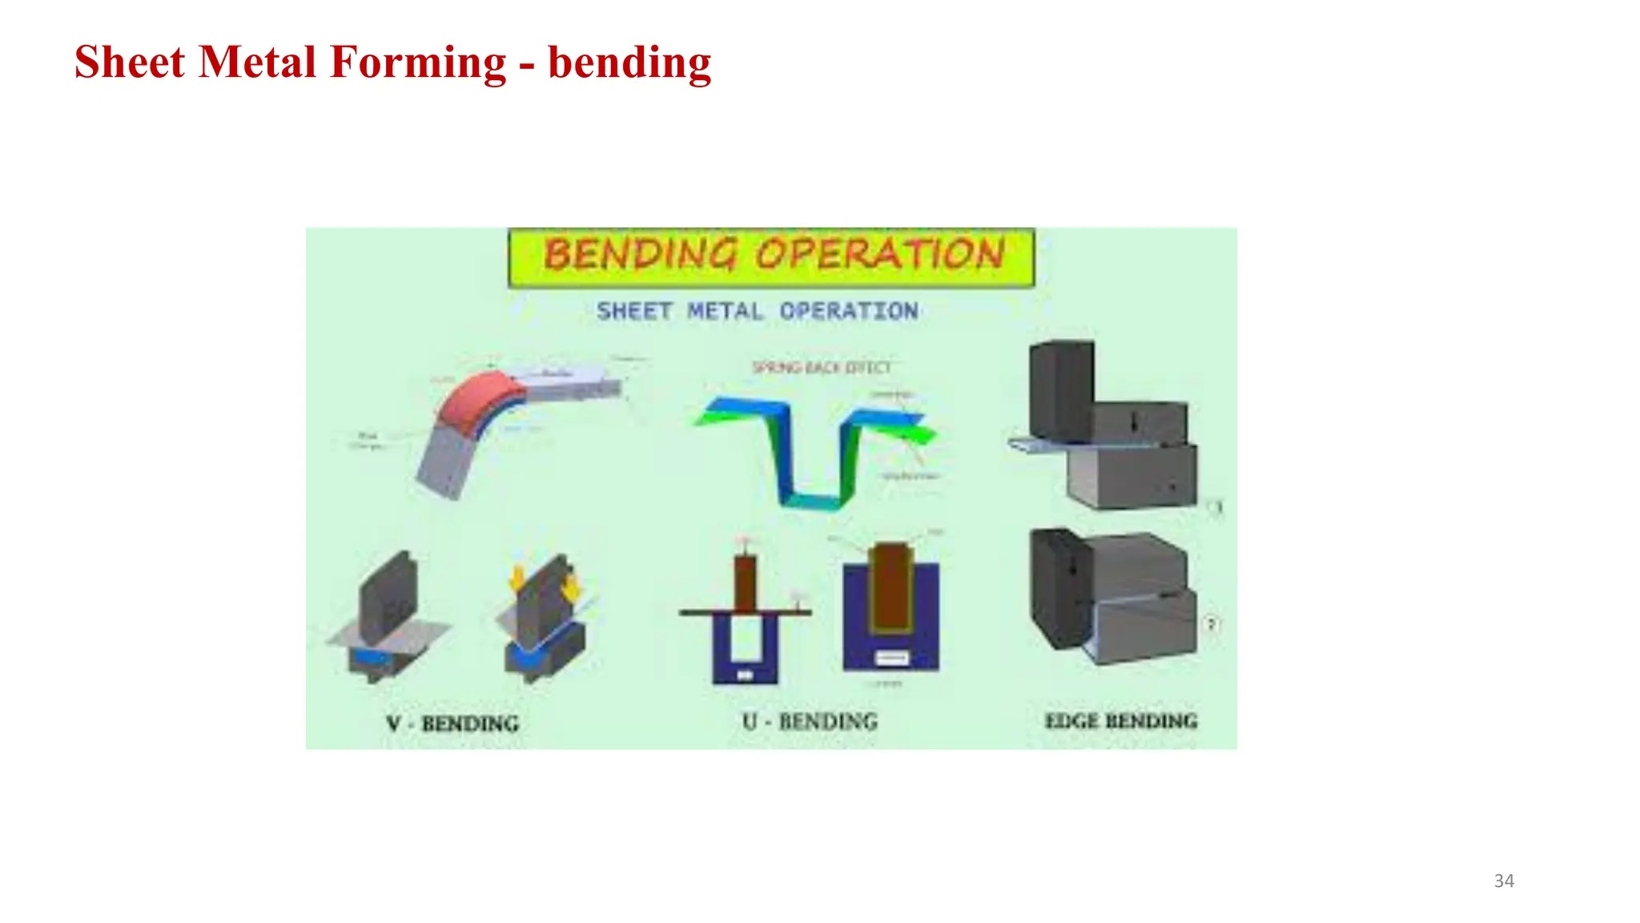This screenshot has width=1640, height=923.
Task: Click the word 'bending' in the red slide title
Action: (x=629, y=64)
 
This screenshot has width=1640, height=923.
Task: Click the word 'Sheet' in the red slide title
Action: (x=130, y=62)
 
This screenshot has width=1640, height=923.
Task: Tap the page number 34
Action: (x=1504, y=881)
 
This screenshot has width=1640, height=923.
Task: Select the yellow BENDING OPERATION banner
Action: (x=771, y=256)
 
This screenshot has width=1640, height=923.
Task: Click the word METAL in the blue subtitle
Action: (x=725, y=311)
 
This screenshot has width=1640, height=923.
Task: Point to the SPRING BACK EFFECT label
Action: (x=821, y=367)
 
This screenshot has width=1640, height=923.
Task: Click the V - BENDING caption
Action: (x=452, y=723)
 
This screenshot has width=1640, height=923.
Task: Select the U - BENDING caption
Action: (x=810, y=721)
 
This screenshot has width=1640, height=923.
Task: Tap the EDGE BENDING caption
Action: (x=1121, y=720)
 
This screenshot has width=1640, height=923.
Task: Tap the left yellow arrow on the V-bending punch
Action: (x=518, y=576)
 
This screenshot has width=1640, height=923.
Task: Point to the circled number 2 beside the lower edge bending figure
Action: (x=1211, y=624)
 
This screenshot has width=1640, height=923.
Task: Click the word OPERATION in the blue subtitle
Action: (x=849, y=311)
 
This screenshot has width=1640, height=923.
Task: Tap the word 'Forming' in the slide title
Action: (x=418, y=62)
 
